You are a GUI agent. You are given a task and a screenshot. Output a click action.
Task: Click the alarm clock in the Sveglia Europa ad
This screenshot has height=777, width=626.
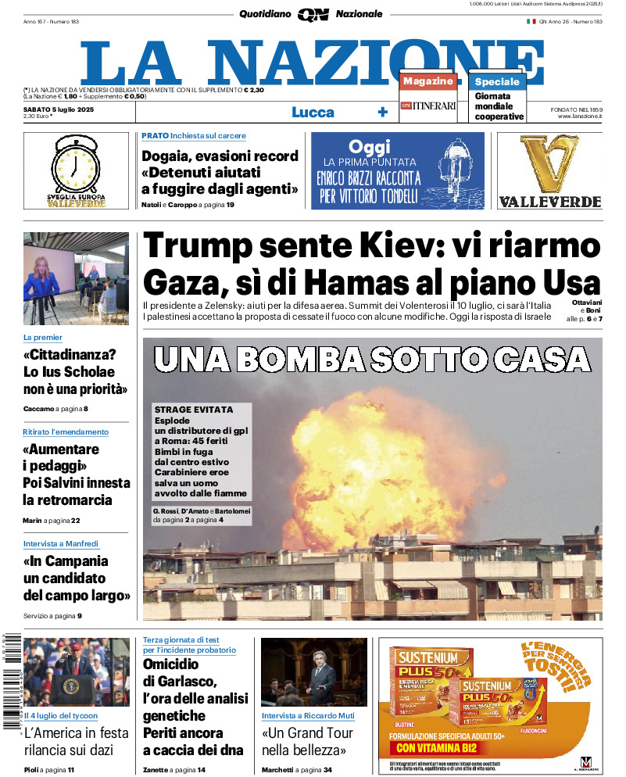coord(76,166)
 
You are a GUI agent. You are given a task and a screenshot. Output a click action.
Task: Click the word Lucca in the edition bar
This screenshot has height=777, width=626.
coord(313,113)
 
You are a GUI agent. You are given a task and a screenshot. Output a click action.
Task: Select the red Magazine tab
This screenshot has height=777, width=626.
coord(428,81)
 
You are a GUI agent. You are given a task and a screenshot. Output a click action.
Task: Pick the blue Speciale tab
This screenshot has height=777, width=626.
coord(497,81)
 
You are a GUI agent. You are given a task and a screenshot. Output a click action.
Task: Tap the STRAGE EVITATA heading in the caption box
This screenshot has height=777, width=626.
coord(194,410)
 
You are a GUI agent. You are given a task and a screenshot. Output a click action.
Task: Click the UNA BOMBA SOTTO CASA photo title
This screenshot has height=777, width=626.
coord(372,359)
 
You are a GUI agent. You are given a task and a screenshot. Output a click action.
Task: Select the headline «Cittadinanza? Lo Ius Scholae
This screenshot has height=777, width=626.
coord(75,371)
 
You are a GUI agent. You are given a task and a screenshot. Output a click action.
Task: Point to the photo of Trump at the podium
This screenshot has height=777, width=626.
coord(77,672)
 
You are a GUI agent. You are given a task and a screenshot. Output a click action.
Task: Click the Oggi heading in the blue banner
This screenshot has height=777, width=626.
coord(370,147)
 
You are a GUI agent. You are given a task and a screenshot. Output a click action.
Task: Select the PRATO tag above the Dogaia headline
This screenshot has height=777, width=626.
coord(155,136)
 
